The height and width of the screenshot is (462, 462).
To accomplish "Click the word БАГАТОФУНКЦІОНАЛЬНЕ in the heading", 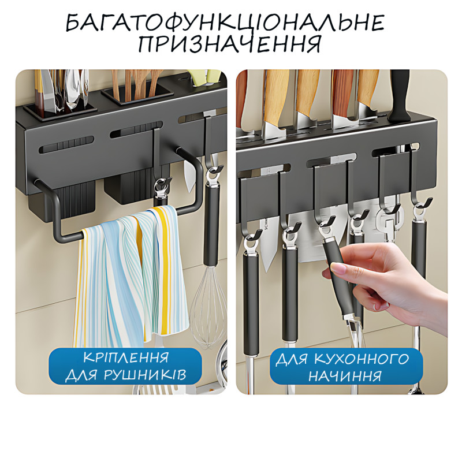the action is tap(225, 23).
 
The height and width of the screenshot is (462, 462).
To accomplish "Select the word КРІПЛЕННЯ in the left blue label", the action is tap(126, 357).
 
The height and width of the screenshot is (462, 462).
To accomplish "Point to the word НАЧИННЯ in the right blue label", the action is tap(345, 376).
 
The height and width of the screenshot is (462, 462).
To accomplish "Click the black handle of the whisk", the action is tap(211, 225).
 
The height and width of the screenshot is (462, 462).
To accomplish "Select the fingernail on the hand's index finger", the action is tap(337, 267).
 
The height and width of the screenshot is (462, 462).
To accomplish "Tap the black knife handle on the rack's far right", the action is tap(400, 96).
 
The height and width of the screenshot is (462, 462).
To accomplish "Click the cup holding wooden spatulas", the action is tap(137, 98).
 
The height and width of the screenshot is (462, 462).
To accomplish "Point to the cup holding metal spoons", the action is tap(60, 110).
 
